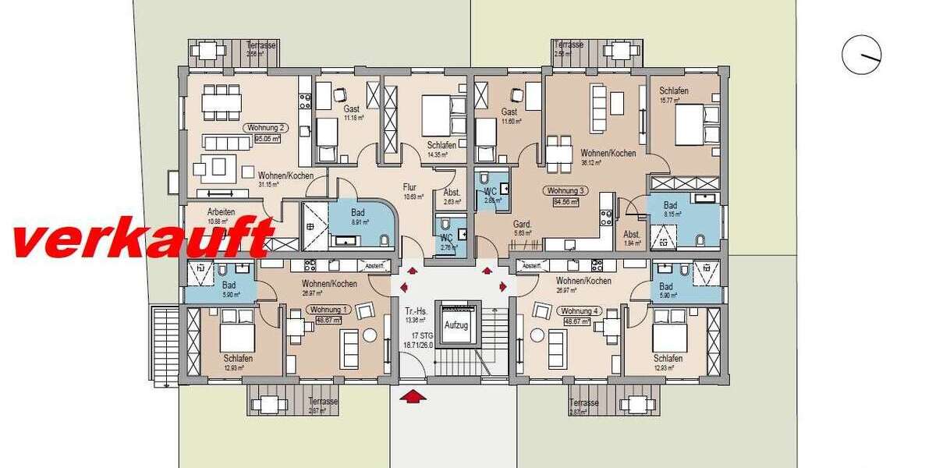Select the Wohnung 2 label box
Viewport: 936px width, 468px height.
(266, 127)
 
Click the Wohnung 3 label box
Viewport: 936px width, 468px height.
(566, 190)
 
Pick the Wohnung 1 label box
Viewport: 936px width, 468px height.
(331, 310)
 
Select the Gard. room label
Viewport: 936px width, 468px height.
(522, 224)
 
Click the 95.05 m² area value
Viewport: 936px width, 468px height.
(267, 140)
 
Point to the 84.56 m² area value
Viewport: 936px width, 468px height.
(566, 202)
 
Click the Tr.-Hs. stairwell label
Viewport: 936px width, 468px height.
(413, 309)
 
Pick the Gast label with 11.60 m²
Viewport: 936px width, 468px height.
(510, 112)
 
